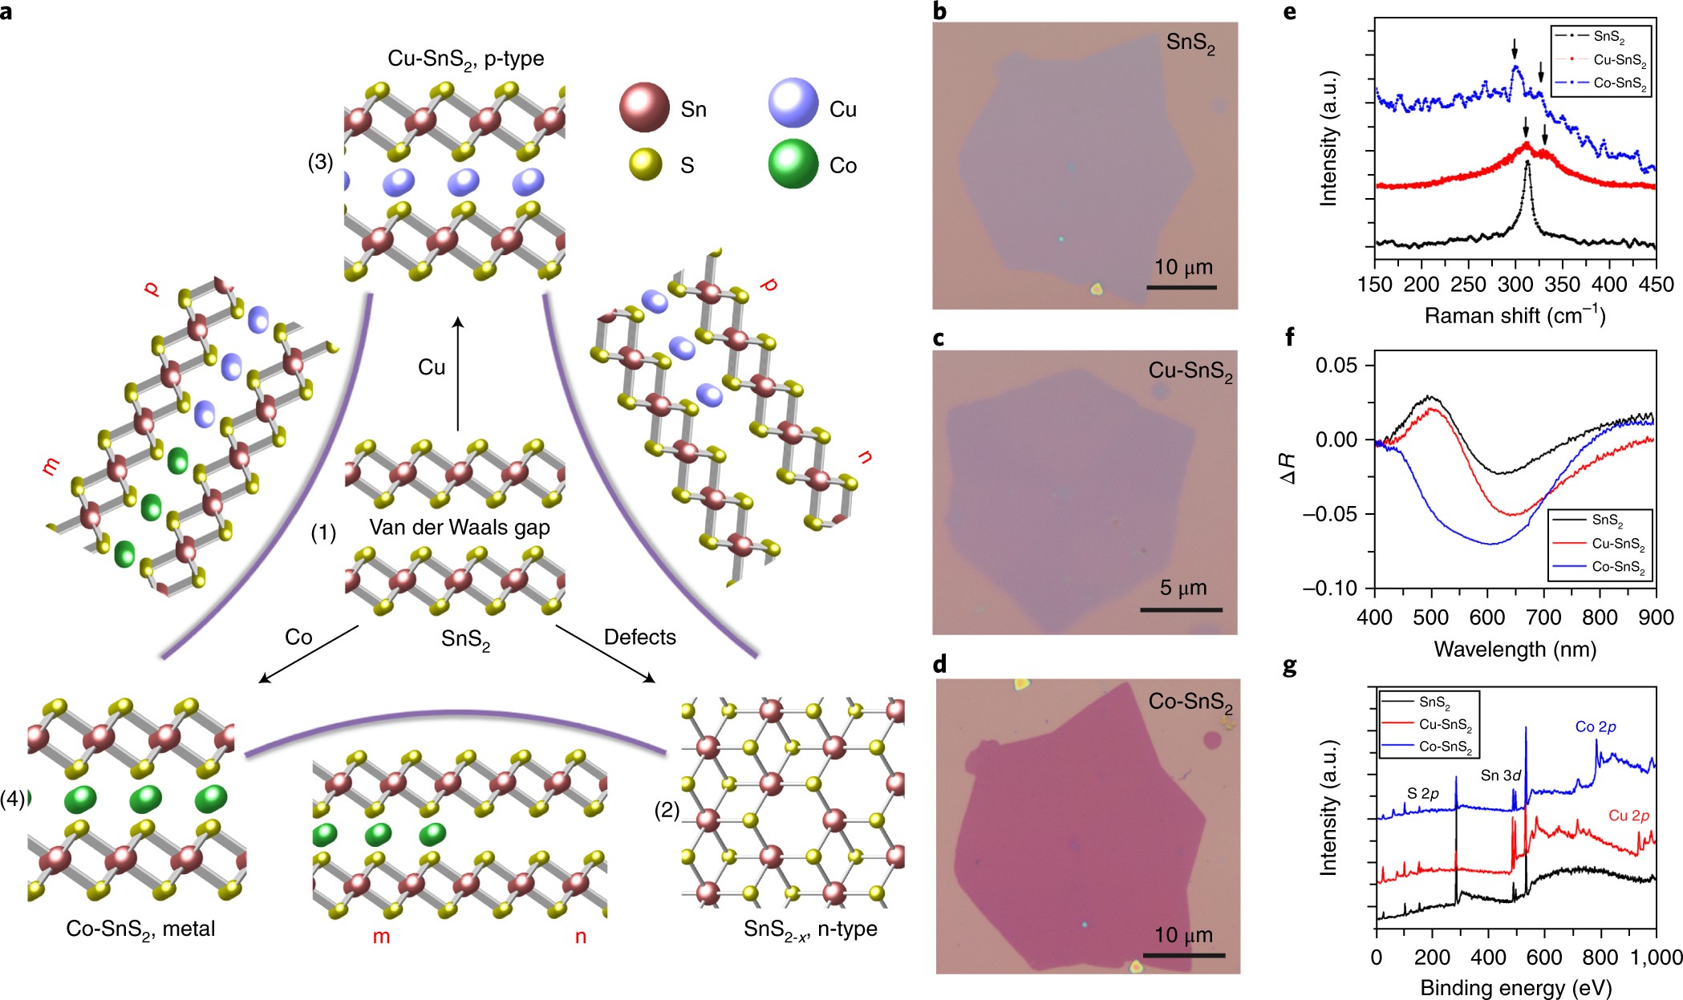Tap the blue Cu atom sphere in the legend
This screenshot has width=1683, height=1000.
[793, 103]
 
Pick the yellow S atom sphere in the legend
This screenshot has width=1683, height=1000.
[645, 164]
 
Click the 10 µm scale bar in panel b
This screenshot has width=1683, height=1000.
[1181, 286]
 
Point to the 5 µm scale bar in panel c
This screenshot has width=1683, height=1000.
[1181, 609]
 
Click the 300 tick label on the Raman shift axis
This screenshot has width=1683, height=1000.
[1515, 285]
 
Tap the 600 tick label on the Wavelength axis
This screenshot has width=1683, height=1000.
[1487, 617]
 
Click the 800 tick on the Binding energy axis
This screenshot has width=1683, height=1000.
[1600, 957]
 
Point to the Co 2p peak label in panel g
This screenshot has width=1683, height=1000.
[1595, 727]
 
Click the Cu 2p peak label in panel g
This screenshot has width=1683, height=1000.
[1628, 816]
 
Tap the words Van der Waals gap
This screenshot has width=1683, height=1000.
[459, 528]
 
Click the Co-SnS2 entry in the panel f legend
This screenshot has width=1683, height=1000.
[1617, 567]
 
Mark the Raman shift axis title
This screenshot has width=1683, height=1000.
[1515, 316]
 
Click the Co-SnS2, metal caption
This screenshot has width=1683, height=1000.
[140, 929]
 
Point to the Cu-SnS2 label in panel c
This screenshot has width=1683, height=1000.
[1190, 371]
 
